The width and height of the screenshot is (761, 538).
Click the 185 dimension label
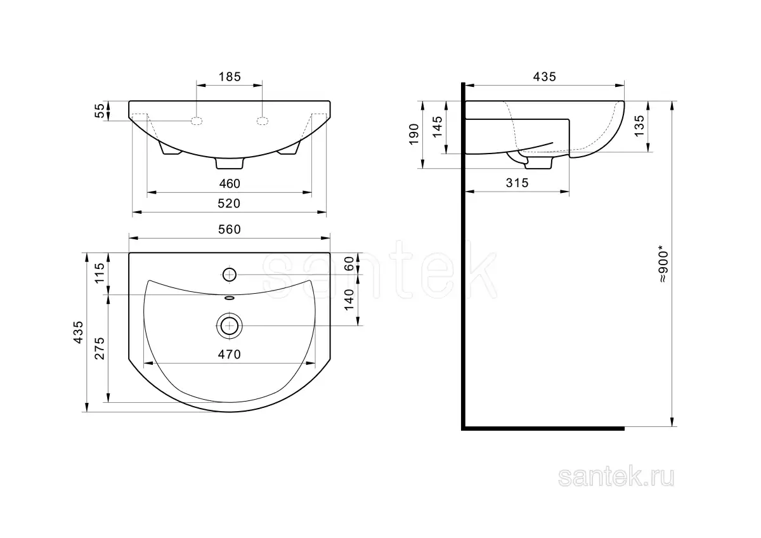pos(230,77)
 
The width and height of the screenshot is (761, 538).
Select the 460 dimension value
pos(230,184)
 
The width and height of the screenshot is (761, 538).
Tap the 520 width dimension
pos(229,204)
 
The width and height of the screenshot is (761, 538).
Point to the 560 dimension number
pos(230,230)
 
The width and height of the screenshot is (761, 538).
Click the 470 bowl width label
pos(230,355)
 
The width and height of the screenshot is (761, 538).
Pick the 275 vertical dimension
pos(100,348)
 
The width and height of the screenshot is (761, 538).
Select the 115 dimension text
pos(100,273)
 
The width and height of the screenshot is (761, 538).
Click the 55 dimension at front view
pos(100,111)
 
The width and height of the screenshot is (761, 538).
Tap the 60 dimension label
pos(349,264)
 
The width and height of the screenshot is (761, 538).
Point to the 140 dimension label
pos(349,299)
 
